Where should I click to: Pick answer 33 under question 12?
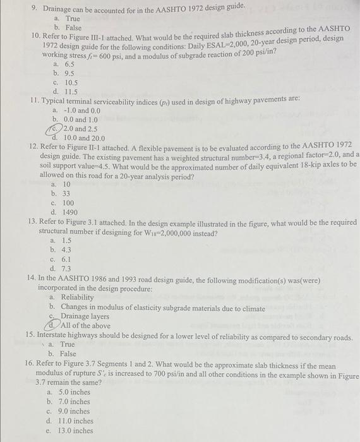coord(66,194)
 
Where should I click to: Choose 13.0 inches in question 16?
coord(76,431)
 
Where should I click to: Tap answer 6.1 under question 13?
coord(66,259)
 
